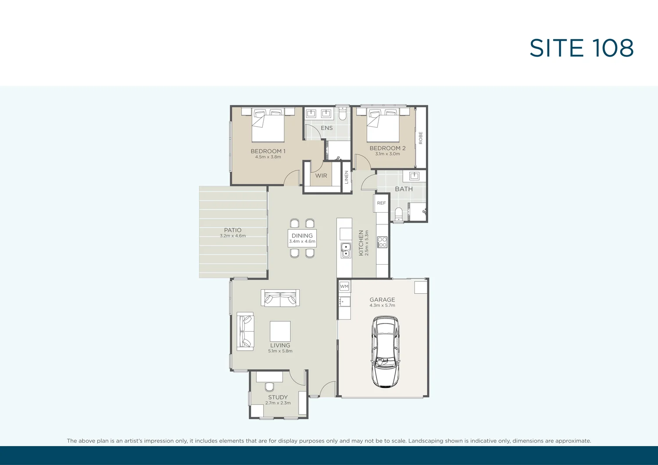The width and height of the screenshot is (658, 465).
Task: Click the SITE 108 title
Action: pos(581,48)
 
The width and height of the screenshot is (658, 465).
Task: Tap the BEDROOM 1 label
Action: pos(268,151)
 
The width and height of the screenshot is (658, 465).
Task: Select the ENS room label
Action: pos(327,128)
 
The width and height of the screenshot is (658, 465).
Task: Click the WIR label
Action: pos(321,176)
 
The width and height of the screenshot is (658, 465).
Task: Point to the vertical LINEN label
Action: pos(347,177)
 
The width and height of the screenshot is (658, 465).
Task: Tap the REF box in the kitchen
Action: pos(382,203)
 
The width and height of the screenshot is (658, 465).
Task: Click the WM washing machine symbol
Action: pos(344,287)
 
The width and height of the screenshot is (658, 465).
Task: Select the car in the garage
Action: pos(385,351)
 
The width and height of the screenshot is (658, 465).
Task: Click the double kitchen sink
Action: pos(346,250)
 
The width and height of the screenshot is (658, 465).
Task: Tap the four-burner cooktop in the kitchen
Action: pos(382,242)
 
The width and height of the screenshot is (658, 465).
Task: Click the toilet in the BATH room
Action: pos(398,214)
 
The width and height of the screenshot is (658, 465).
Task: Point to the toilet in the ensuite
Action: pos(343,114)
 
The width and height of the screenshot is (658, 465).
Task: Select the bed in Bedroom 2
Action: pos(383,124)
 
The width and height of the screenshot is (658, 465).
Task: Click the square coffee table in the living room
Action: pos(280,331)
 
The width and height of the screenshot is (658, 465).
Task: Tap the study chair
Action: pos(269,386)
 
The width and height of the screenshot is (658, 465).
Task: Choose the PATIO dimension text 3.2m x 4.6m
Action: pos(233,236)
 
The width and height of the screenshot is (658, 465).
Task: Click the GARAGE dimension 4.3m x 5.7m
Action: pos(382,305)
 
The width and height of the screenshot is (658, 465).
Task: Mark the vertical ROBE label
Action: pos(421,138)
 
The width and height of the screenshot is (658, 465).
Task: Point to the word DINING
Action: pos(302,235)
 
